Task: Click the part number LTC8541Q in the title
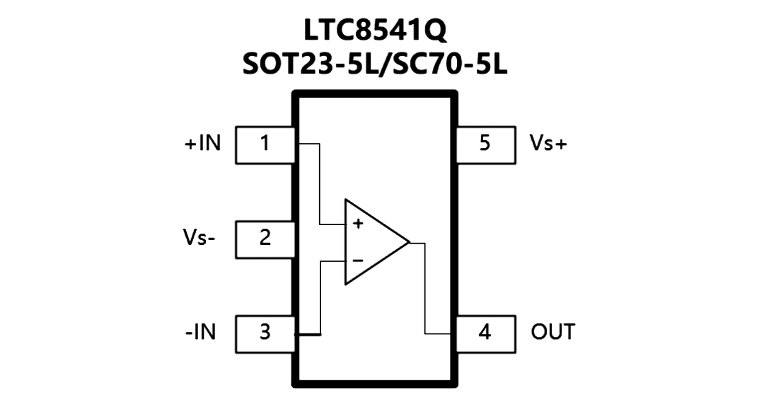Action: tap(375, 30)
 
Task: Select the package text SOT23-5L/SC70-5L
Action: tap(375, 64)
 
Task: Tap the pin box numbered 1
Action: tap(265, 145)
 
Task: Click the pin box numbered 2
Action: tap(265, 239)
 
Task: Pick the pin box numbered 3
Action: tap(265, 334)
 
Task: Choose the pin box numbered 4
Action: tap(485, 334)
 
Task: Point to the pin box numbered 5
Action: tap(485, 145)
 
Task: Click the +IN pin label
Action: tap(203, 144)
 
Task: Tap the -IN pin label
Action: tap(200, 332)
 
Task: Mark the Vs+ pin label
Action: tap(549, 144)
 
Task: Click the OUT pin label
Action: tap(553, 332)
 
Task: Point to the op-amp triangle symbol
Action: tap(345, 241)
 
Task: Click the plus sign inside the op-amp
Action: tap(358, 224)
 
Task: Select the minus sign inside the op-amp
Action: tap(358, 261)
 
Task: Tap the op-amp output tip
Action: tap(409, 241)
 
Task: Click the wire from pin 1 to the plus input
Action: tap(320, 185)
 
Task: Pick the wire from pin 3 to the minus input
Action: tap(320, 297)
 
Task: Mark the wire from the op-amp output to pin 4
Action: tap(425, 288)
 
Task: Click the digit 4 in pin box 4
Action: tap(485, 332)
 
